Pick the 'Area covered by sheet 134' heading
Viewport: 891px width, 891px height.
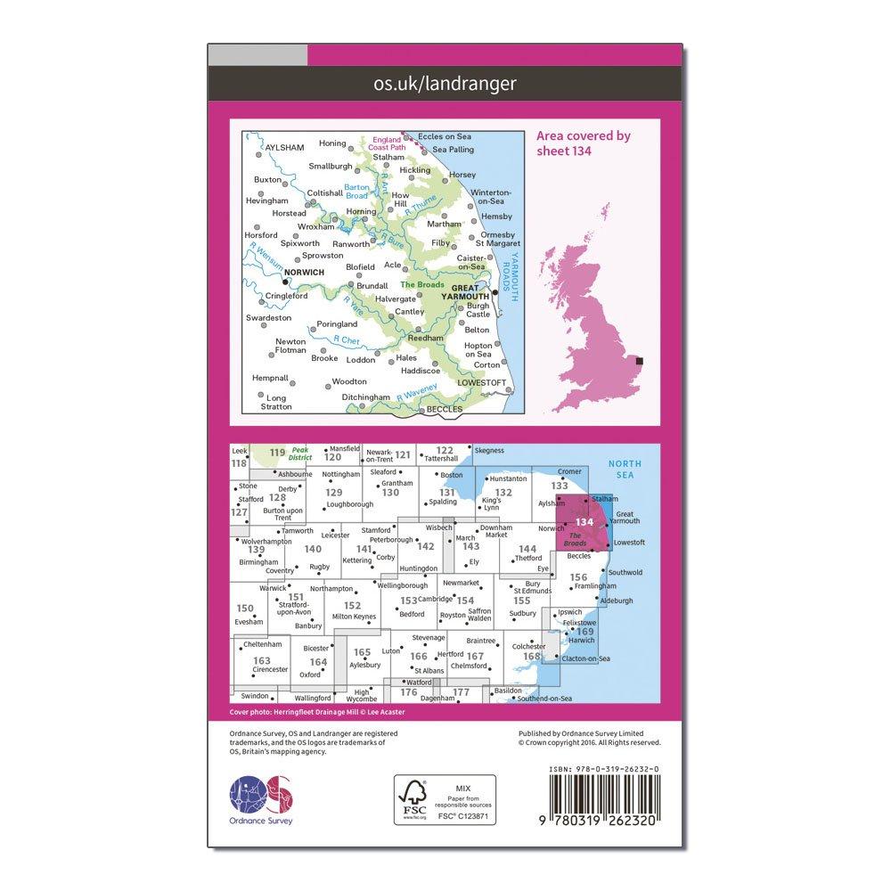584,143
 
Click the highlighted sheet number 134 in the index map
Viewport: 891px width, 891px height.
584,522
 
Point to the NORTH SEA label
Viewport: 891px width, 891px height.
623,470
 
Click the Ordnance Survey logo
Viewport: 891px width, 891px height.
261,798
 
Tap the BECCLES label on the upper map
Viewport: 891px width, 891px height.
445,409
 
